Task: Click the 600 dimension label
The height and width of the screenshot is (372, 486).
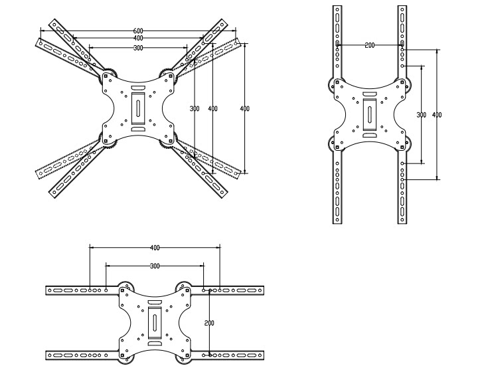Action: [x=137, y=31]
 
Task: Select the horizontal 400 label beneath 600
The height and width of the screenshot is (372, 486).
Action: [x=137, y=39]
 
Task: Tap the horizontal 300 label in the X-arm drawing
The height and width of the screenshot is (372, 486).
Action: [x=137, y=48]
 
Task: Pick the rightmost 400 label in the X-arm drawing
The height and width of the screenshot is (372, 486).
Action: [x=244, y=108]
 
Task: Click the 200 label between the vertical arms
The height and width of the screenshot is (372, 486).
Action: [x=370, y=45]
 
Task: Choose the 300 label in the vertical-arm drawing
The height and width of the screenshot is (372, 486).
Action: [x=421, y=115]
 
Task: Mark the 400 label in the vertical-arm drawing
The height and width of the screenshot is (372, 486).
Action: [x=437, y=115]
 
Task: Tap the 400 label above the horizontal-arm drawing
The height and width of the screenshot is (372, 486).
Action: [x=155, y=248]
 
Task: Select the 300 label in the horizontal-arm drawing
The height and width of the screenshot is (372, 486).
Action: [x=155, y=266]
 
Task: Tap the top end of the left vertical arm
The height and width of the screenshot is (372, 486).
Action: [x=338, y=10]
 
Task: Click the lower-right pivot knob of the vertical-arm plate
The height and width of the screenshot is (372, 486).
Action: [x=406, y=144]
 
